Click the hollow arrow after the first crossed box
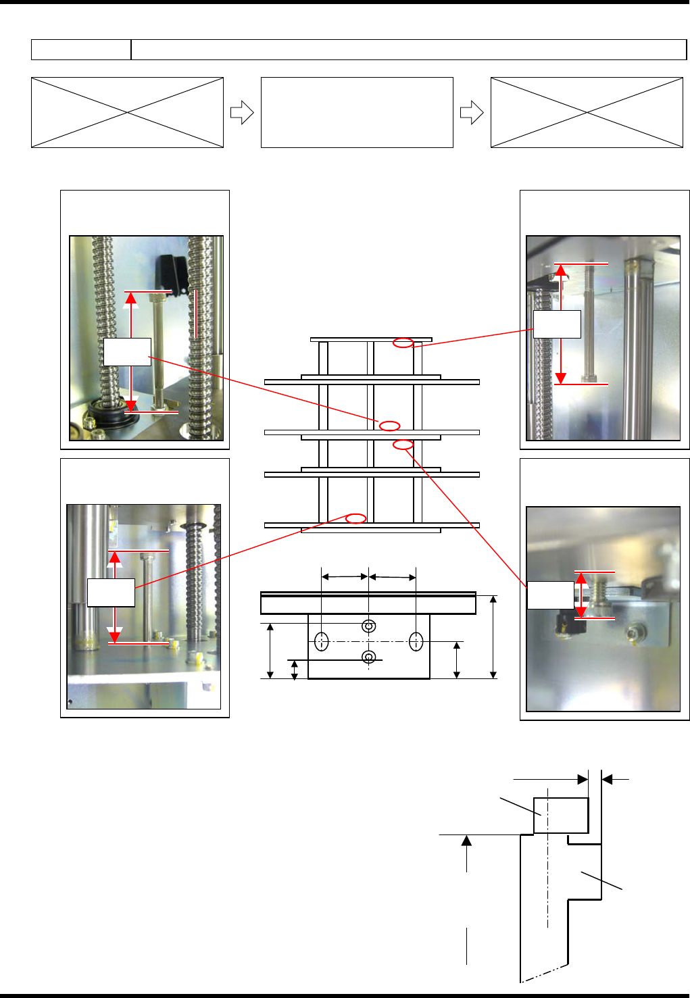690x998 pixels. coord(241,113)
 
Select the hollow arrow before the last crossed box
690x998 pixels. coord(471,113)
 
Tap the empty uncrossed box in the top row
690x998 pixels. coord(357,112)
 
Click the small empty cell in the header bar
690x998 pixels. coord(81,49)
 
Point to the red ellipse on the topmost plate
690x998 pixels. coord(403,343)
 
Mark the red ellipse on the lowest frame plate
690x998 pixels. coord(355,518)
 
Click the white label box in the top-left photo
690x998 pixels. coord(127,352)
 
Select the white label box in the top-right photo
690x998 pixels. coord(557,324)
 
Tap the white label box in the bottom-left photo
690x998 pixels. coord(111,593)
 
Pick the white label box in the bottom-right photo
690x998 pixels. coord(550,595)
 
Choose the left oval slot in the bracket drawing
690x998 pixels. coord(322,642)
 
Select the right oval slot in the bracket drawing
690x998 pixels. coord(416,642)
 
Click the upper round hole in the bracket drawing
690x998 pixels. coord(369,625)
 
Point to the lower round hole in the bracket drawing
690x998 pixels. coord(369,657)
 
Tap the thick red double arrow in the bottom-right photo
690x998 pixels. coord(581,595)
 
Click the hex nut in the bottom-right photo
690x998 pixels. coord(636,633)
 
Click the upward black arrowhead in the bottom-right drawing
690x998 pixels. coord(466,841)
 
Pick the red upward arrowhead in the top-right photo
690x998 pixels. coord(560,272)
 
